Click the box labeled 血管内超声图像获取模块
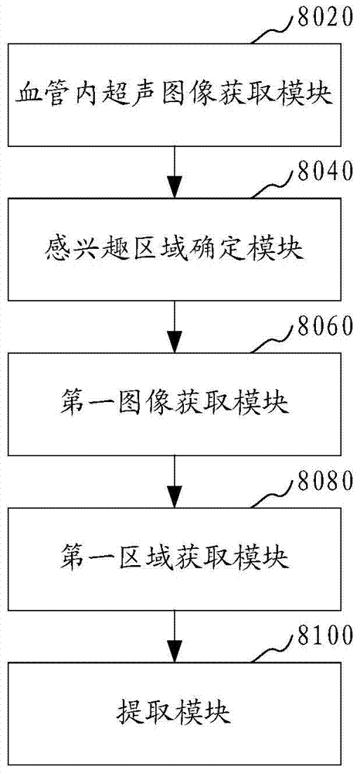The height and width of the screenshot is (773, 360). pyautogui.click(x=175, y=94)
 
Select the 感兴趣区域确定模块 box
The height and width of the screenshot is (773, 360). pyautogui.click(x=175, y=250)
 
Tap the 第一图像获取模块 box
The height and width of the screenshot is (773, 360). pyautogui.click(x=175, y=404)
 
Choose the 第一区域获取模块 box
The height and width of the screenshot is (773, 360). pyautogui.click(x=175, y=558)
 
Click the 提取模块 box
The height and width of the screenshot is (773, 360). pyautogui.click(x=175, y=713)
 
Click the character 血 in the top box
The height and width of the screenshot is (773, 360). pyautogui.click(x=28, y=94)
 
